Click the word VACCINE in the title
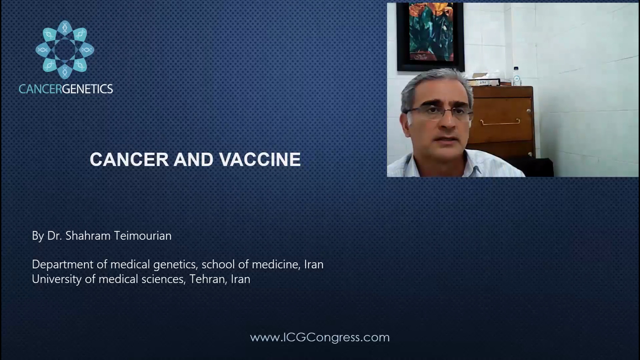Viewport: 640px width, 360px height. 260,159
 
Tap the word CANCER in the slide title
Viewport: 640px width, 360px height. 129,159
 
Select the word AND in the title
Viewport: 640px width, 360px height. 194,159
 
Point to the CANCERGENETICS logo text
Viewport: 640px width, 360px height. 66,89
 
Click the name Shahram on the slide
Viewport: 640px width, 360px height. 88,236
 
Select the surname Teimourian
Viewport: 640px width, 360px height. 143,236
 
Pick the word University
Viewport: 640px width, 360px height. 57,279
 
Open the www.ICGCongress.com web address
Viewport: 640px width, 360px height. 320,337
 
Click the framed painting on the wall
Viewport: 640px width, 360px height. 430,37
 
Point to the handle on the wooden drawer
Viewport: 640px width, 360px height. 500,122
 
